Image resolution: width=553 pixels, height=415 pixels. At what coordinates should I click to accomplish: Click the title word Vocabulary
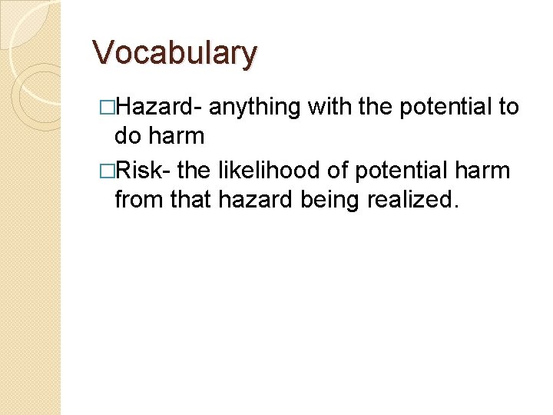[174, 53]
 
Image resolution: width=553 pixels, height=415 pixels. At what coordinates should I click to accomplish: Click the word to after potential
[509, 107]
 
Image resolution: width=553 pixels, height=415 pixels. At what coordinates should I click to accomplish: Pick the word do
[127, 137]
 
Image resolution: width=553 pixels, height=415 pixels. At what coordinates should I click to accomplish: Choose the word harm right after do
[177, 137]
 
